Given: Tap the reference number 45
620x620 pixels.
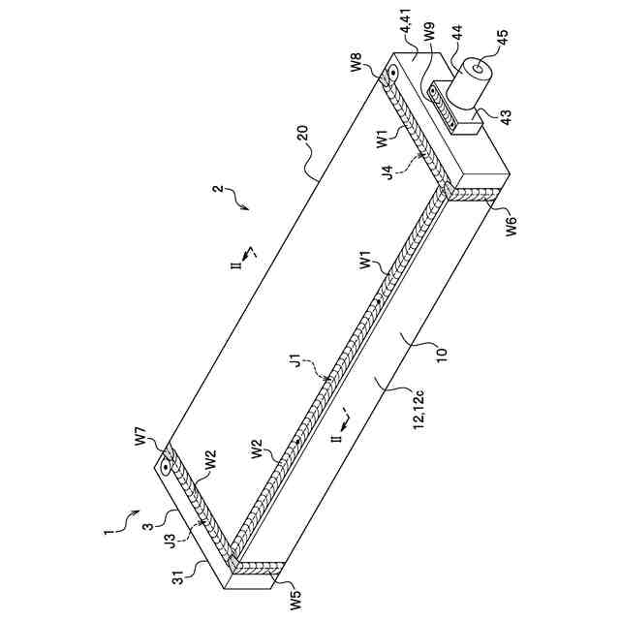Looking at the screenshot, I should pyautogui.click(x=503, y=41).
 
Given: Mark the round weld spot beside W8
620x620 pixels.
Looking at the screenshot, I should pyautogui.click(x=392, y=76).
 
